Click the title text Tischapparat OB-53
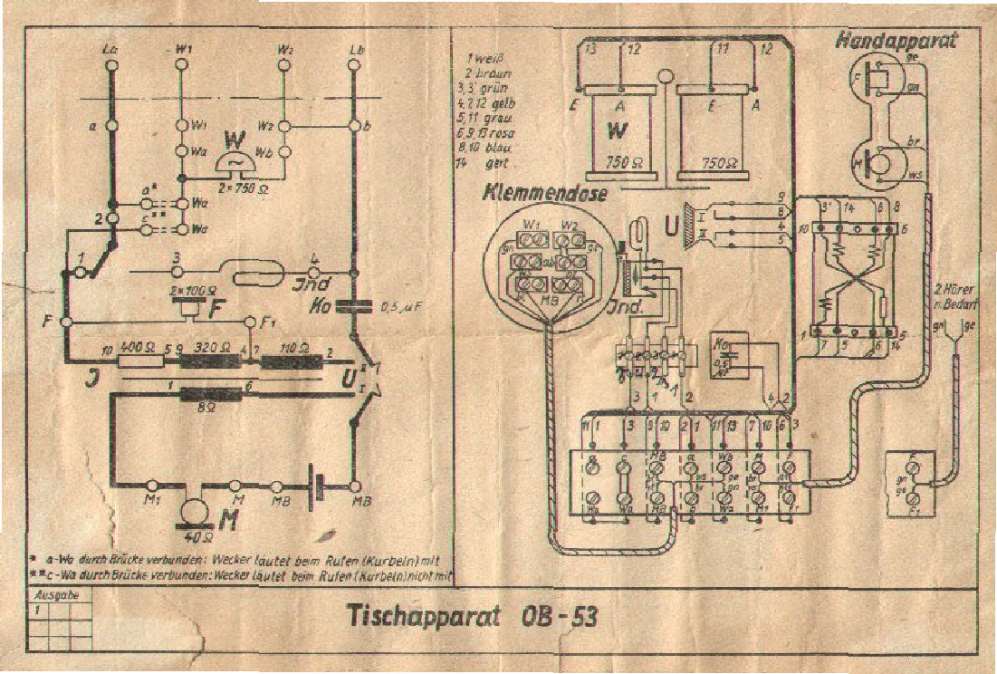click(472, 616)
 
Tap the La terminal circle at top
click(110, 65)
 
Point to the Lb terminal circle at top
click(355, 65)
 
